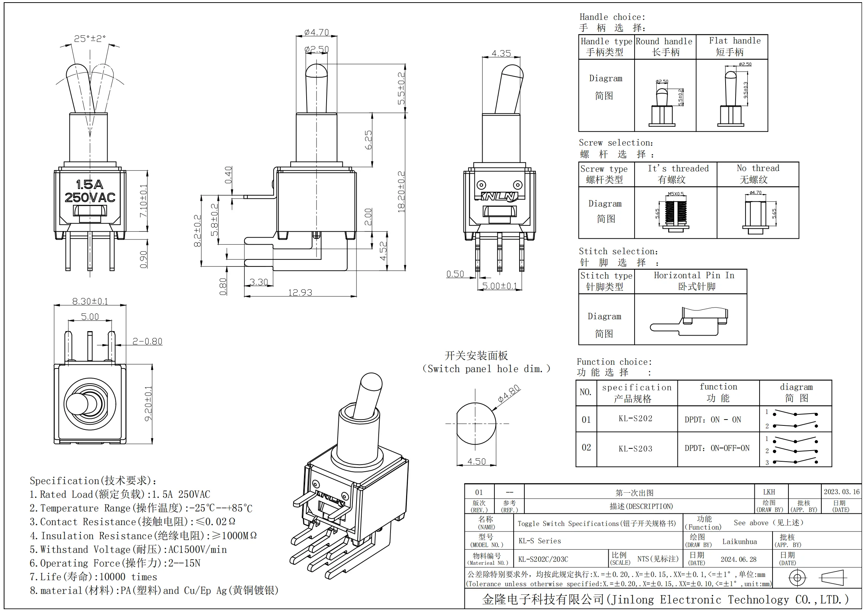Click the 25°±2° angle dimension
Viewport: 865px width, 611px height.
(x=89, y=38)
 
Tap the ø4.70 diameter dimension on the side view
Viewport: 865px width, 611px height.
(x=317, y=33)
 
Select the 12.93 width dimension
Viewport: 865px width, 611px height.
(x=300, y=292)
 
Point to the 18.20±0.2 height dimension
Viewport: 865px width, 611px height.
(x=402, y=191)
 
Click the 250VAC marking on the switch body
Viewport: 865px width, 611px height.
(x=89, y=197)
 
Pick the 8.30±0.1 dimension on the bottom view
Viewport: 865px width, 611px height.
(x=90, y=301)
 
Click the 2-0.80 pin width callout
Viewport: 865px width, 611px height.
(x=147, y=341)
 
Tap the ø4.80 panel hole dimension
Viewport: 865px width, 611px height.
(x=508, y=393)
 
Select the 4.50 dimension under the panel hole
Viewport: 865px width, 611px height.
(x=477, y=461)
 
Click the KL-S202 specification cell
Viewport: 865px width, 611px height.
(x=636, y=418)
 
